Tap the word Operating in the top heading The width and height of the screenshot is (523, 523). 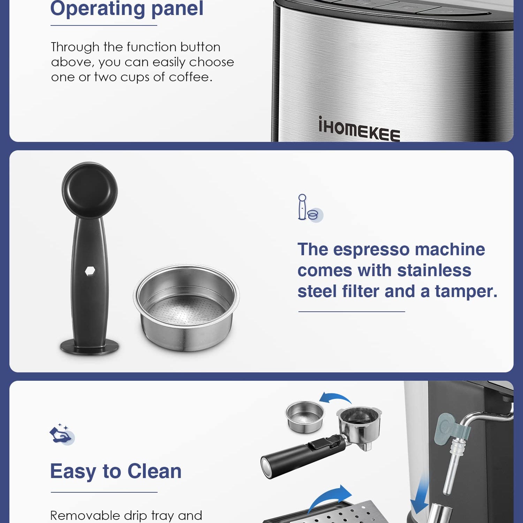click(98, 8)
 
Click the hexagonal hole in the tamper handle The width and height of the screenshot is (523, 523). click(90, 271)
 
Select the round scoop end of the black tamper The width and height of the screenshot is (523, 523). click(90, 190)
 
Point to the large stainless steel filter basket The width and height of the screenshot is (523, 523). click(186, 307)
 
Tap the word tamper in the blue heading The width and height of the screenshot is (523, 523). click(466, 291)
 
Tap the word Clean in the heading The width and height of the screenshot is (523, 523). click(154, 471)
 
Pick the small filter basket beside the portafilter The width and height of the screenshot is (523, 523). click(305, 417)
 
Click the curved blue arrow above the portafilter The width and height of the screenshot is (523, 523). click(335, 397)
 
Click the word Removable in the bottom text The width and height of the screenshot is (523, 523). click(85, 515)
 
